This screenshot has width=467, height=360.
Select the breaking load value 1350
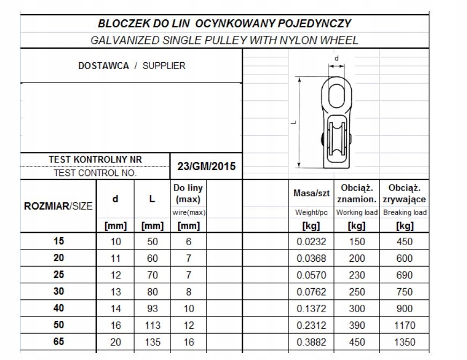405,342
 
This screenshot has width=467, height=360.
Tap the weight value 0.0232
312,241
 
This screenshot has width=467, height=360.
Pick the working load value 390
357,325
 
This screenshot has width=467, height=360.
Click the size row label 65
58,341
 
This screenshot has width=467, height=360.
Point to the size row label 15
58,241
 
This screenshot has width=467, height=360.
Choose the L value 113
152,325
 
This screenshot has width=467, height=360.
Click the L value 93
152,308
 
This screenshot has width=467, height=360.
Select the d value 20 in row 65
116,342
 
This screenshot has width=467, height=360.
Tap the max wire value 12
188,325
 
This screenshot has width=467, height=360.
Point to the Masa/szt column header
312,193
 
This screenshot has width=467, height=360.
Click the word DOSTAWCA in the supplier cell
103,66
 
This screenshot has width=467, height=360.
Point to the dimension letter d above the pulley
336,58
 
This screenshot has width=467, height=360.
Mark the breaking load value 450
405,241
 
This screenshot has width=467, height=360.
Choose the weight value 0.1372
312,308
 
